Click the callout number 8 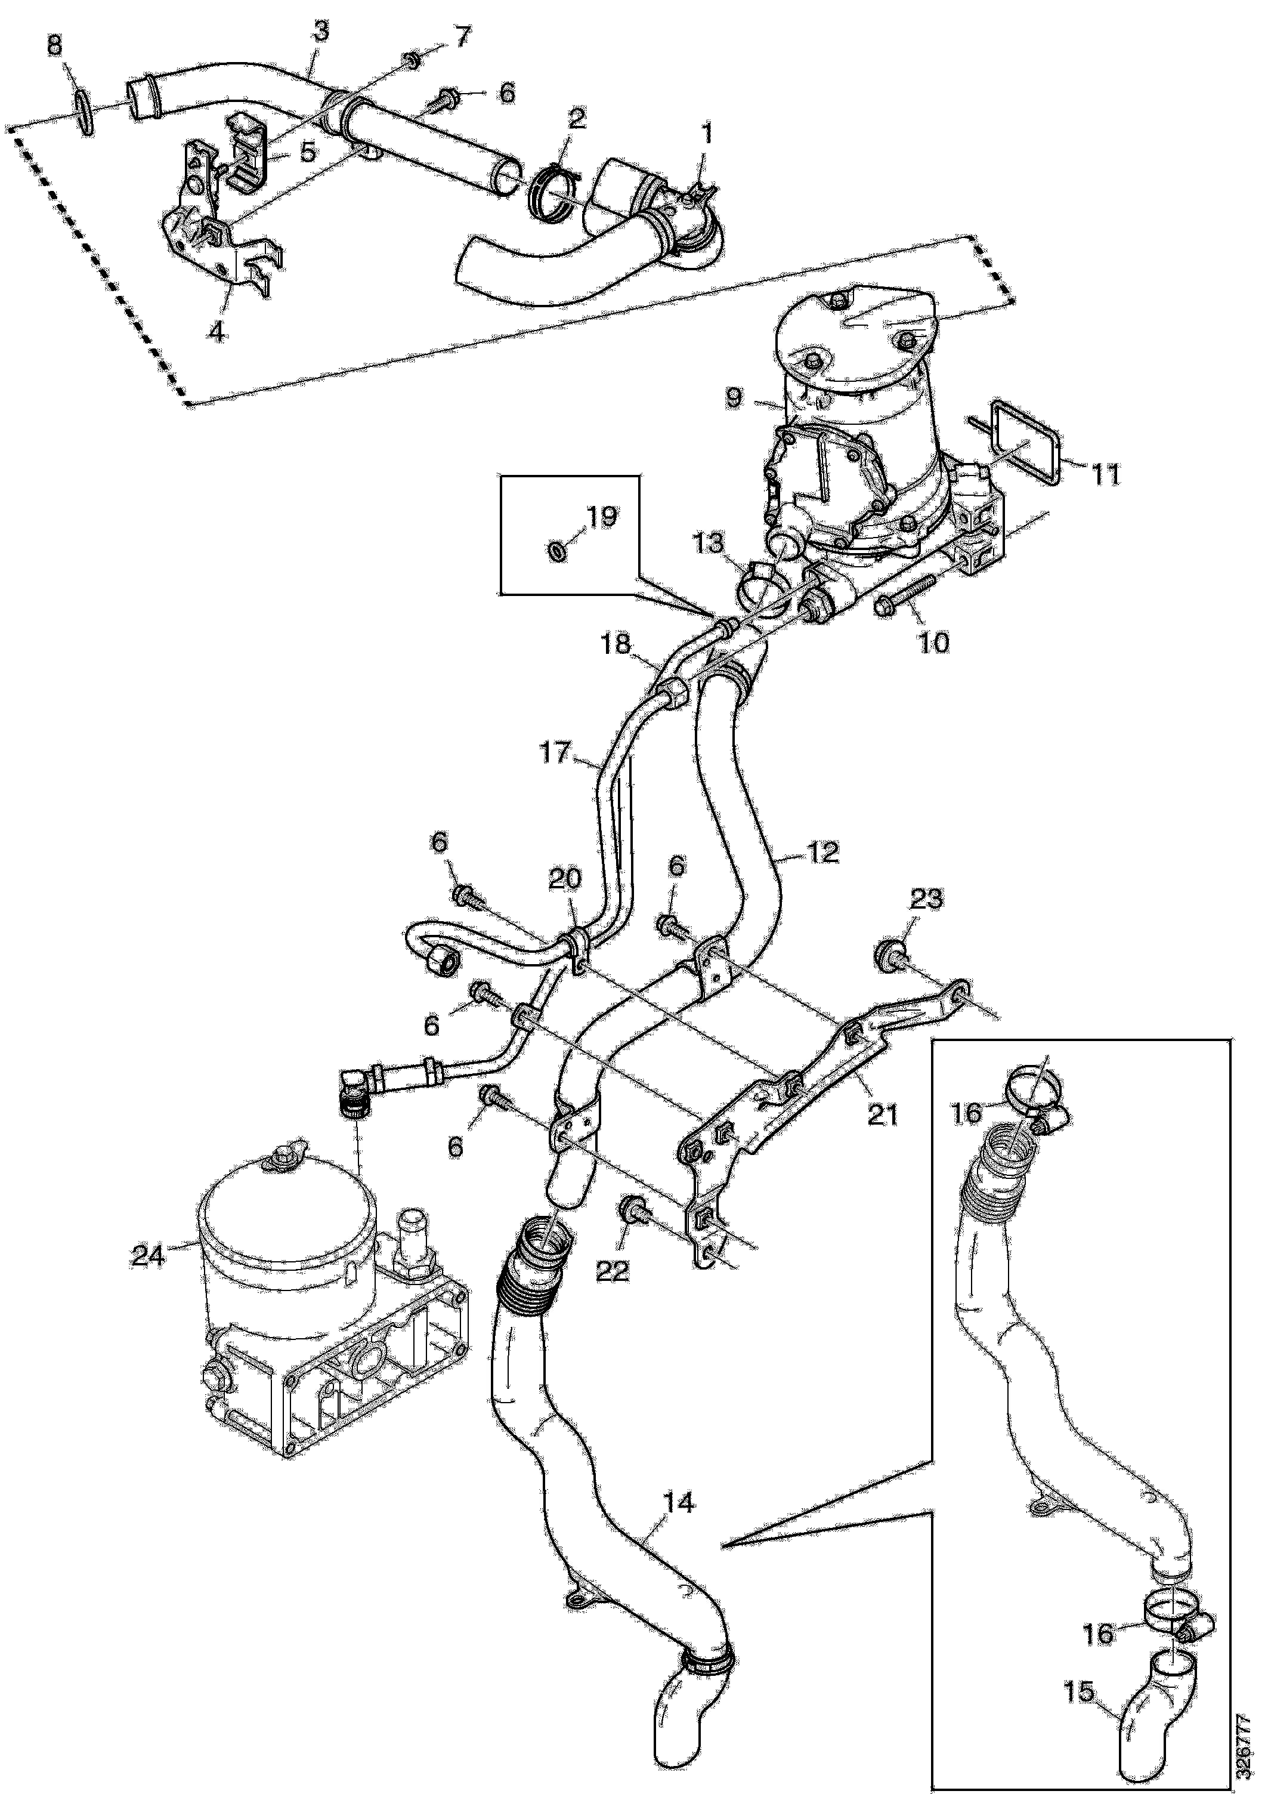tap(54, 45)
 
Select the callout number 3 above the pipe tap(320, 31)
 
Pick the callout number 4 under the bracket tap(217, 332)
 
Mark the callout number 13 tap(709, 542)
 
